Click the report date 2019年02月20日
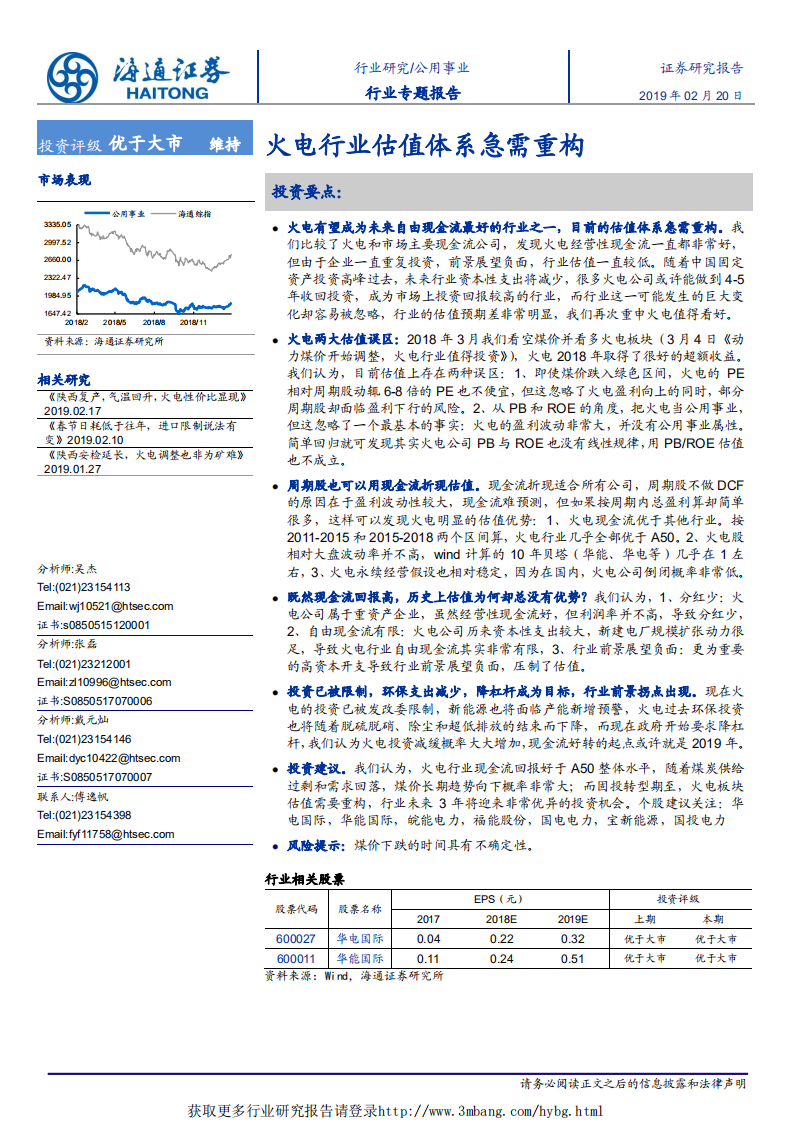[x=690, y=97]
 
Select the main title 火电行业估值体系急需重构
[x=425, y=146]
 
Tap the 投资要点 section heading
[x=307, y=191]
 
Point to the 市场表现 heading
[x=64, y=180]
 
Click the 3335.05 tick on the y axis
[x=56, y=224]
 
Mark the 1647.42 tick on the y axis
[x=56, y=313]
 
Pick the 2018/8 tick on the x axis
[x=154, y=323]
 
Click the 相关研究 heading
[x=64, y=379]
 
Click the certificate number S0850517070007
[x=94, y=777]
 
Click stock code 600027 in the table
[x=295, y=939]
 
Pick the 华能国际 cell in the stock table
[x=360, y=958]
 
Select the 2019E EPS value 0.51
[x=573, y=958]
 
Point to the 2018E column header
[x=501, y=919]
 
